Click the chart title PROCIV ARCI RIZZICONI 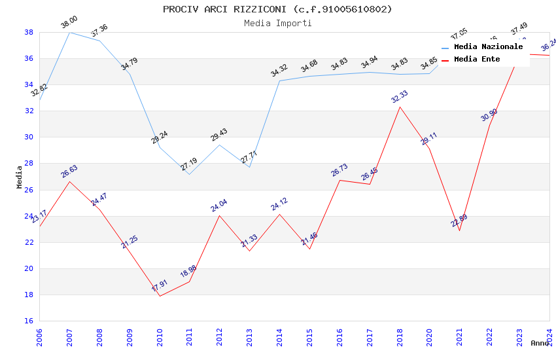click(x=277, y=9)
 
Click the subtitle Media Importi click(x=277, y=23)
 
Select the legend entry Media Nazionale click(x=488, y=47)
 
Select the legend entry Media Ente click(x=477, y=60)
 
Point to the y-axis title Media click(x=20, y=177)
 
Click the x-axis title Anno click(x=540, y=343)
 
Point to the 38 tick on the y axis click(x=29, y=32)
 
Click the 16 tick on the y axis click(x=29, y=321)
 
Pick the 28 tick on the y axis click(x=29, y=164)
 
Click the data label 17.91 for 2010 click(x=160, y=286)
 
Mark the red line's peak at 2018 click(x=400, y=107)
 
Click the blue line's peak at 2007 click(x=69, y=32)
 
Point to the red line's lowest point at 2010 click(x=160, y=296)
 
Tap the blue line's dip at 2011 click(x=190, y=174)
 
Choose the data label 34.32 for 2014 click(x=279, y=71)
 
